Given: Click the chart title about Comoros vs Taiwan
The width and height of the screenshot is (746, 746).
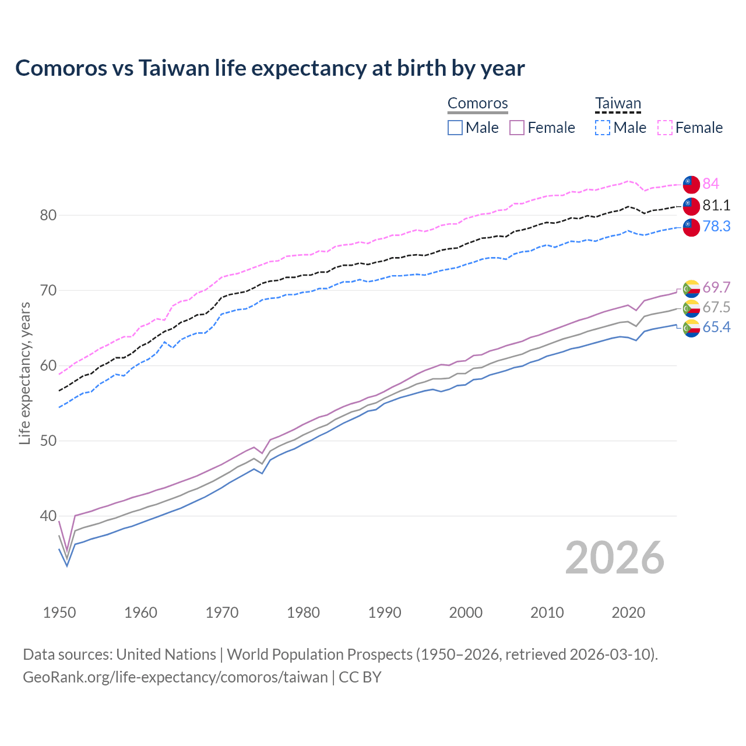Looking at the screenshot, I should click(x=270, y=68).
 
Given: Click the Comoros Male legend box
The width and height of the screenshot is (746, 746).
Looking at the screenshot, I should click(x=455, y=128).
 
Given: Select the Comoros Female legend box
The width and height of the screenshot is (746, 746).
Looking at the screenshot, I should click(x=518, y=128).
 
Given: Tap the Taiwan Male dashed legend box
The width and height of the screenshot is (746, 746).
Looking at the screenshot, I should click(x=603, y=128).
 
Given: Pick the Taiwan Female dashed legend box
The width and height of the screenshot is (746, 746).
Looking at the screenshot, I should click(x=665, y=128).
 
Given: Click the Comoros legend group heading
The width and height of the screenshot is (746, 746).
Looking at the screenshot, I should click(x=477, y=104).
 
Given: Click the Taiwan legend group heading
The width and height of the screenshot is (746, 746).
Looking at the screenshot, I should click(x=618, y=104).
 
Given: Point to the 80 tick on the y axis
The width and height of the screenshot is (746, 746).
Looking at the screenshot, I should click(x=48, y=215).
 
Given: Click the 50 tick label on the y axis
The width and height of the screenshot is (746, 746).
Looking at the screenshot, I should click(x=48, y=441).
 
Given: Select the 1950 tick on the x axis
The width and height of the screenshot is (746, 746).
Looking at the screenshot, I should click(x=59, y=613).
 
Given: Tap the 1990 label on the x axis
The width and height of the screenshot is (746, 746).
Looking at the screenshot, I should click(x=385, y=613).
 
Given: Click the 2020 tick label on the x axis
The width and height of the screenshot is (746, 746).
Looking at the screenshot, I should click(x=628, y=613).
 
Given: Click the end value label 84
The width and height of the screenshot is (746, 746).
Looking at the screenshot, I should click(x=710, y=184).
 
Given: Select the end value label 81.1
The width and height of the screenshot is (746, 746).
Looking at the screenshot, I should click(x=716, y=205).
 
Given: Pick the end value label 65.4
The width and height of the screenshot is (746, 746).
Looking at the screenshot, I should click(x=716, y=328).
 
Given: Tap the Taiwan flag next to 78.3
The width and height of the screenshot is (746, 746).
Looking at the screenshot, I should click(x=691, y=227).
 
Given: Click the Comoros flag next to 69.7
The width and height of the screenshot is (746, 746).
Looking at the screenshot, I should click(x=691, y=288).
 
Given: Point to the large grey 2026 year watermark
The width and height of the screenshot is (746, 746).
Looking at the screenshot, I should click(x=615, y=558).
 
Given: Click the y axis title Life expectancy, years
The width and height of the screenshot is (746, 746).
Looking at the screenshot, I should click(x=24, y=373).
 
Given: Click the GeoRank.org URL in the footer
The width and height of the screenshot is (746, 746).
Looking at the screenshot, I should click(x=175, y=677).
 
